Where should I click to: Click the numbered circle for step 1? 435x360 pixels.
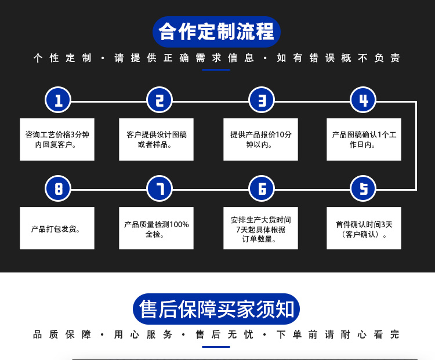57,100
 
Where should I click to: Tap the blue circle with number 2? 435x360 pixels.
159,100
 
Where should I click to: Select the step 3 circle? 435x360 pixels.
262,100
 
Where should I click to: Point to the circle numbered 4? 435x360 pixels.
363,100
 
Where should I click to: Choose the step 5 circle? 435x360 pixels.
363,188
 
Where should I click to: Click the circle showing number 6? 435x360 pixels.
262,188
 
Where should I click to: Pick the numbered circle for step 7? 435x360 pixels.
159,188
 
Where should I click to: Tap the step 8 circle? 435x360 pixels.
57,188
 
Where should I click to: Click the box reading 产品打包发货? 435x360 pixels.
57,228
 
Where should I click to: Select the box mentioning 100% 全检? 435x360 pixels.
156,228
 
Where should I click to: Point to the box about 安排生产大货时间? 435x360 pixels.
261,228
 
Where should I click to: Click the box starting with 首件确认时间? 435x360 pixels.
364,228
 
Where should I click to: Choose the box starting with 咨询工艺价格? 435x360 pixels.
57,140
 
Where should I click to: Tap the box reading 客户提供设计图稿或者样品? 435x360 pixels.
156,140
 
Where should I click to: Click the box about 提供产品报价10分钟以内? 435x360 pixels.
261,140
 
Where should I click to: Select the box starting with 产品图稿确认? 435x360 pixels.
364,140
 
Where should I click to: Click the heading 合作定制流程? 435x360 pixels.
217,32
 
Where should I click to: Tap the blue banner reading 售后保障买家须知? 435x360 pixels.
216,309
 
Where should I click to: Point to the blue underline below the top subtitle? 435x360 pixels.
216,70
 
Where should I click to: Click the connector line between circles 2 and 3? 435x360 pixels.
211,102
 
